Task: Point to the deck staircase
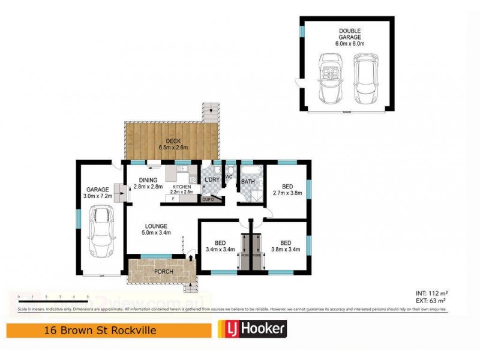210,111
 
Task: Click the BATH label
248,181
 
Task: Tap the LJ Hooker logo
251,328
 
